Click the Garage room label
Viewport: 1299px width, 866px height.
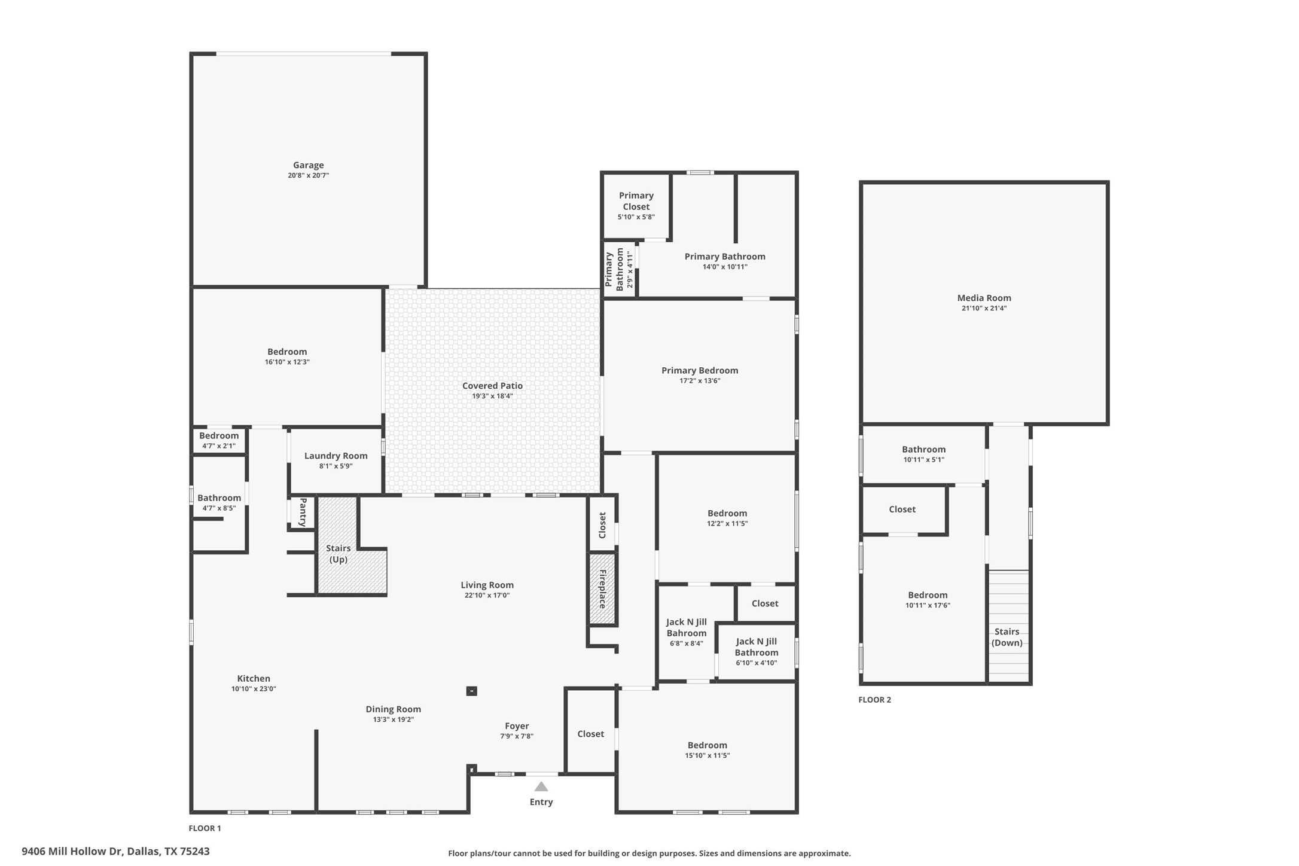[308, 165]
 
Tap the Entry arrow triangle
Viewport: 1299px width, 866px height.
[541, 786]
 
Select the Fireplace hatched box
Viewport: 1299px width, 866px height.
[602, 589]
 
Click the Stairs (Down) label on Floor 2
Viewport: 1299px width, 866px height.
[1007, 637]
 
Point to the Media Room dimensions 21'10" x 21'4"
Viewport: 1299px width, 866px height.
[984, 308]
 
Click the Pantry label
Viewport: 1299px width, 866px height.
[303, 512]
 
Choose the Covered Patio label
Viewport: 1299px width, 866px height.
[492, 386]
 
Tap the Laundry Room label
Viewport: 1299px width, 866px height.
[336, 456]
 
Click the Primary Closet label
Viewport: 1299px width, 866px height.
[636, 201]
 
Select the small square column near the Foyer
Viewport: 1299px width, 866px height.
[471, 691]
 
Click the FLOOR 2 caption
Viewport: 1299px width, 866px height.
[874, 700]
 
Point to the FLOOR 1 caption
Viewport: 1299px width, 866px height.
[205, 828]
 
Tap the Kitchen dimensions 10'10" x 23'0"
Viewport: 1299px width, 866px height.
[254, 689]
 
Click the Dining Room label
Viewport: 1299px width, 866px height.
[393, 709]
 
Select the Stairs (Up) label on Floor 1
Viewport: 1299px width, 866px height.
[338, 554]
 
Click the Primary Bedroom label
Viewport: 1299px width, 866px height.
[699, 370]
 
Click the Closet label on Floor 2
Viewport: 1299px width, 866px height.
[902, 510]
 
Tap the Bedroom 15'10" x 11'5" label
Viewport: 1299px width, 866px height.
[707, 745]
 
